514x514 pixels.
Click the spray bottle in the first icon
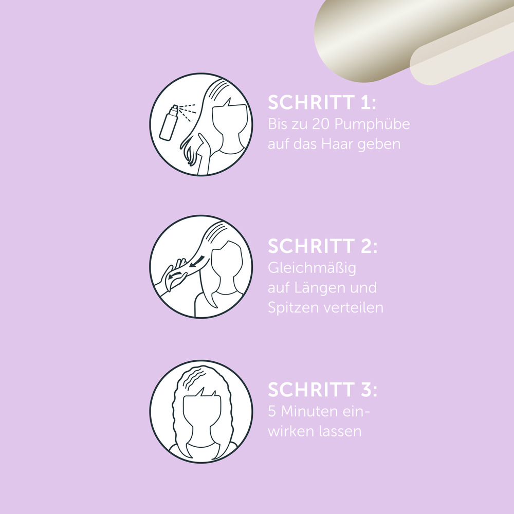click(x=169, y=123)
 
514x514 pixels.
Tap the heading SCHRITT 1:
click(x=322, y=102)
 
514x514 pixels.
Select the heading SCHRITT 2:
click(x=323, y=246)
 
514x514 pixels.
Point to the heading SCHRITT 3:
click(x=323, y=390)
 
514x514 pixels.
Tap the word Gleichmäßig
click(x=312, y=268)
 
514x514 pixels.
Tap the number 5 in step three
click(x=272, y=411)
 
